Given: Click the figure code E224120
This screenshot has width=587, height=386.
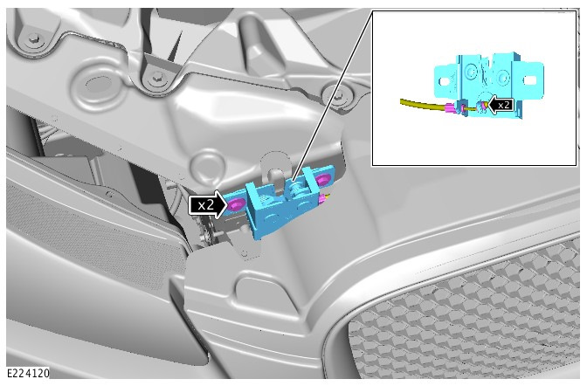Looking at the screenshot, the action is tap(28, 373).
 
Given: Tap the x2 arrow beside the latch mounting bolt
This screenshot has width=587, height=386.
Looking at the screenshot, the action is tap(208, 204).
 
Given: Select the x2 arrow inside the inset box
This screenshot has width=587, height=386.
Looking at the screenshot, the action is tap(501, 105).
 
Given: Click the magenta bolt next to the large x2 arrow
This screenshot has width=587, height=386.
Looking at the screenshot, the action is tap(236, 205).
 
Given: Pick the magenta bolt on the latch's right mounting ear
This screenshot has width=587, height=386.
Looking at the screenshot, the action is tap(321, 179).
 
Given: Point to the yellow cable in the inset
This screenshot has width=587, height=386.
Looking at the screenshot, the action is tap(422, 105).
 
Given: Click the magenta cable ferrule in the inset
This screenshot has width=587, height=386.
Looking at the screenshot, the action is tap(452, 109).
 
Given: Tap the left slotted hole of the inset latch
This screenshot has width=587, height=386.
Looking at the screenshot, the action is tap(445, 81).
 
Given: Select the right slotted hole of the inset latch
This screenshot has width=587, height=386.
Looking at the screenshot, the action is tap(529, 80).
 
